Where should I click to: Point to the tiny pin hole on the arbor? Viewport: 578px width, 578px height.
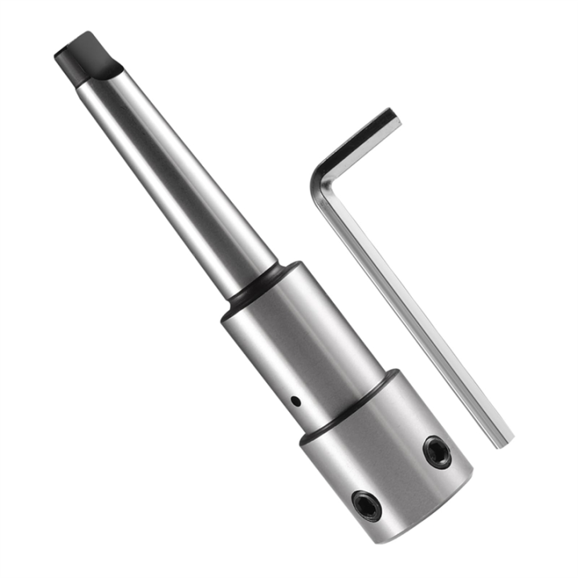point(295,400)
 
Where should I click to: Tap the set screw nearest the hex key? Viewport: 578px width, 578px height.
point(437,453)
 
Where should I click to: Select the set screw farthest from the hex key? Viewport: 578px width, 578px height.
point(368,506)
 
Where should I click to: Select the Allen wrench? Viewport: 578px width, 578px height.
point(401,289)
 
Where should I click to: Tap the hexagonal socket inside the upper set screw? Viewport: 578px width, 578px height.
point(437,453)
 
